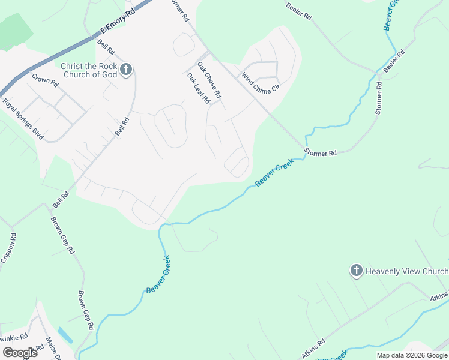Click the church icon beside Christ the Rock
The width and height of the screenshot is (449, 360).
pos(126,70)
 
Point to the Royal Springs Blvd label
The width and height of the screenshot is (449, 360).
pos(23,119)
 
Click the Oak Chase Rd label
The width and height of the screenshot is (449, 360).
pos(209,83)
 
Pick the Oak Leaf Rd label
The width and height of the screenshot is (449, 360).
pos(197,88)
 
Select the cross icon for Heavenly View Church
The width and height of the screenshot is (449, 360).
pos(356,271)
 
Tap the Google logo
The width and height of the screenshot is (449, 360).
pos(20,352)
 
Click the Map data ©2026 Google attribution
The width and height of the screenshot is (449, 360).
pos(412,355)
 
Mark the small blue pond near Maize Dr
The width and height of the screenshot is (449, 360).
pos(65,335)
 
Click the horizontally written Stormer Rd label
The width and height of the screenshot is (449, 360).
pos(321,153)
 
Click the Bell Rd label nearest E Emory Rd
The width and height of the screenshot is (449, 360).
pos(106,48)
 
